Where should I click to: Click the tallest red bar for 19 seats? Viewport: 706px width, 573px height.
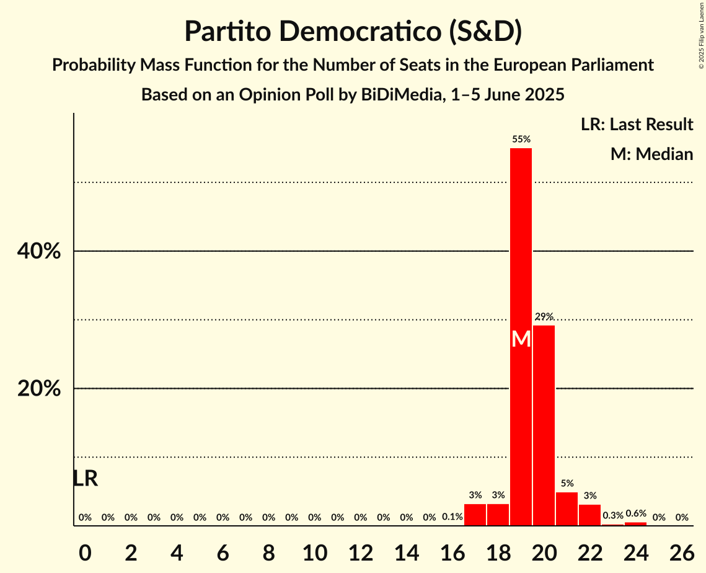[x=521, y=248]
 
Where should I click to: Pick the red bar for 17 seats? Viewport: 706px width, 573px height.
[x=475, y=515]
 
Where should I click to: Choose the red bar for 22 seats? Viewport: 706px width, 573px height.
[x=589, y=515]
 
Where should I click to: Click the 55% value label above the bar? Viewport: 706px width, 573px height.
[x=521, y=140]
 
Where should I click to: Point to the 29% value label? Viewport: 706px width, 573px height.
[x=544, y=317]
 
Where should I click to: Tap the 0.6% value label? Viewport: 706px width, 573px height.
[x=635, y=513]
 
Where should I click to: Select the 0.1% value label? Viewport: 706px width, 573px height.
[x=452, y=517]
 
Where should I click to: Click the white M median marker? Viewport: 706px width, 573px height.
[x=521, y=339]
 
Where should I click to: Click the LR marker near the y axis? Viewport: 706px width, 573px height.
[x=85, y=478]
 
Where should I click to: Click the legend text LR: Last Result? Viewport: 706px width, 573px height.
[x=637, y=125]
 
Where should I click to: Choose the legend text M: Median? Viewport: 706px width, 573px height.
[x=651, y=154]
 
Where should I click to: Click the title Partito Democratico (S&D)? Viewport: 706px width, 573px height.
[x=353, y=32]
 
